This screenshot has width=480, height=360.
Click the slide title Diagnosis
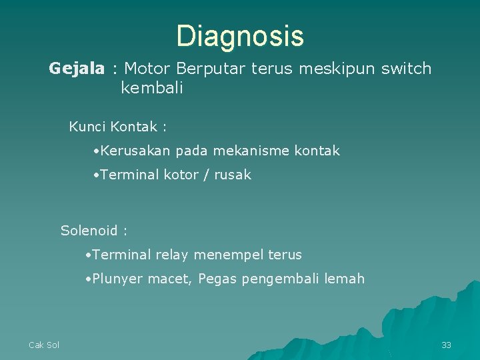pyautogui.click(x=240, y=36)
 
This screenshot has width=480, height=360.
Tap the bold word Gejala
pyautogui.click(x=77, y=69)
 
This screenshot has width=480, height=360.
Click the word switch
pyautogui.click(x=406, y=69)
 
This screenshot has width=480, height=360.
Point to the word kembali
pyautogui.click(x=151, y=89)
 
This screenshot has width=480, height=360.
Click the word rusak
pyautogui.click(x=233, y=175)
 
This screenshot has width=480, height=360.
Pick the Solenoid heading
pyautogui.click(x=89, y=231)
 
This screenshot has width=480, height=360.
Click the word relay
pyautogui.click(x=173, y=255)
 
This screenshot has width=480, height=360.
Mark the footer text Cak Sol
pyautogui.click(x=44, y=345)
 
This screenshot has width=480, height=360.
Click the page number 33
pyautogui.click(x=446, y=345)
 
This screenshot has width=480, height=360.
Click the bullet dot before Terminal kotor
pyautogui.click(x=97, y=175)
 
